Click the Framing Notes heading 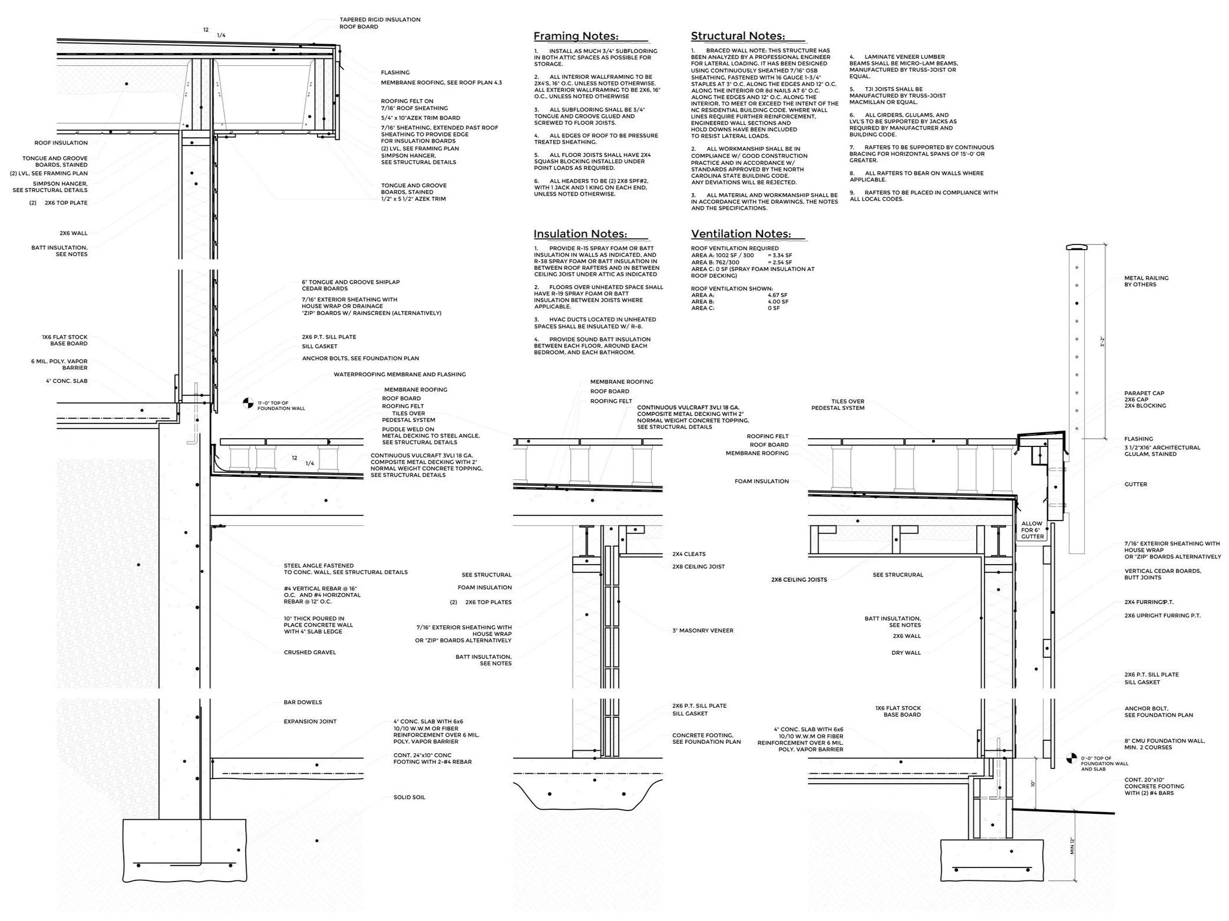tap(576, 37)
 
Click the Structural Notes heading tap(738, 37)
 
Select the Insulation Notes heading tap(580, 234)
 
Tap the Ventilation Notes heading tap(741, 234)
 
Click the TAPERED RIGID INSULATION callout tap(379, 19)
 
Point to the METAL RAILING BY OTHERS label tap(1146, 281)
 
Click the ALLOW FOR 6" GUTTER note tap(1032, 530)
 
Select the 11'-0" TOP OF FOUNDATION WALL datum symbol tap(249, 403)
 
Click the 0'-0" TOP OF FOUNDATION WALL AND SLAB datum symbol tap(1071, 760)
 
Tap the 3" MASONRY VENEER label tap(703, 631)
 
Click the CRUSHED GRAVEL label tap(309, 652)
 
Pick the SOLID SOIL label tap(409, 797)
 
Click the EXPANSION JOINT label tap(310, 721)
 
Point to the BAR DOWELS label tap(302, 703)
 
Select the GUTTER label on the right tap(1135, 485)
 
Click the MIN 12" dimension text tap(1072, 846)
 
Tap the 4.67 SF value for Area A tap(777, 295)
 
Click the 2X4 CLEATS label tap(689, 554)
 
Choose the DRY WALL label tap(906, 653)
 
